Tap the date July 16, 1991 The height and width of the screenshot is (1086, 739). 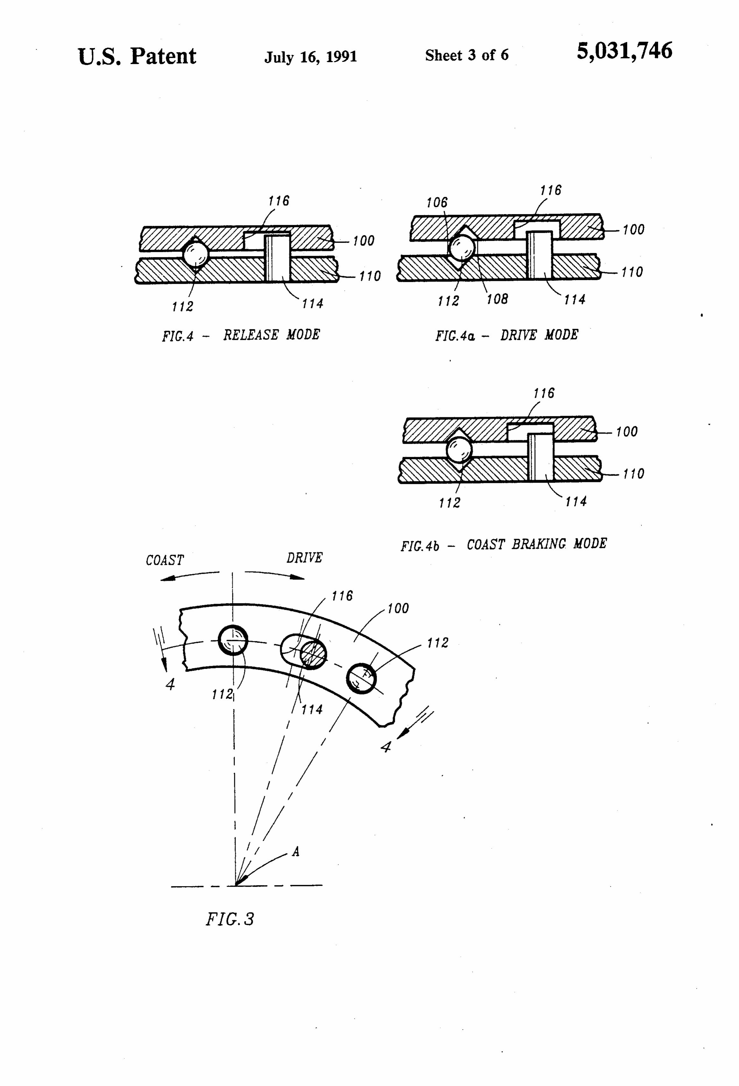311,56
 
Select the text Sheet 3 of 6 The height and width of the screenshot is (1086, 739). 467,55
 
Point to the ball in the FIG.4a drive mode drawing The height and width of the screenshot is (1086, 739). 462,247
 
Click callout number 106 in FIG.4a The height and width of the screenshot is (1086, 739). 437,202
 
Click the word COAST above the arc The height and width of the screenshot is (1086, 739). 165,560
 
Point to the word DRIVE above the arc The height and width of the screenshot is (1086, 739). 305,557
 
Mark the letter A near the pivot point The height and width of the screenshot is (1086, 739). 296,852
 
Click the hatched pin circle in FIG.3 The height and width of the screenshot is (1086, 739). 313,653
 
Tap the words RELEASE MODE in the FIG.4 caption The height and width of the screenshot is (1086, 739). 271,334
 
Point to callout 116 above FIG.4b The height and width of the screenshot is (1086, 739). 544,393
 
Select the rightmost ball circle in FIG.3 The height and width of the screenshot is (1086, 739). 361,679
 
